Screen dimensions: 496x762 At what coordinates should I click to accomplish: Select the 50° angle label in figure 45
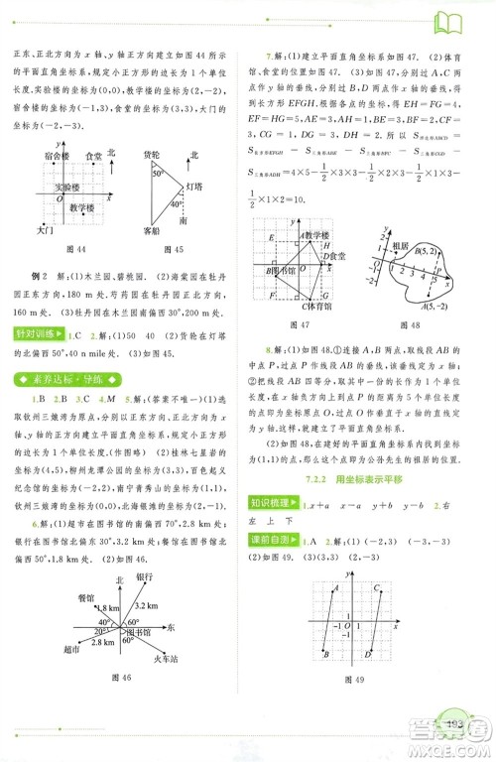157,173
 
